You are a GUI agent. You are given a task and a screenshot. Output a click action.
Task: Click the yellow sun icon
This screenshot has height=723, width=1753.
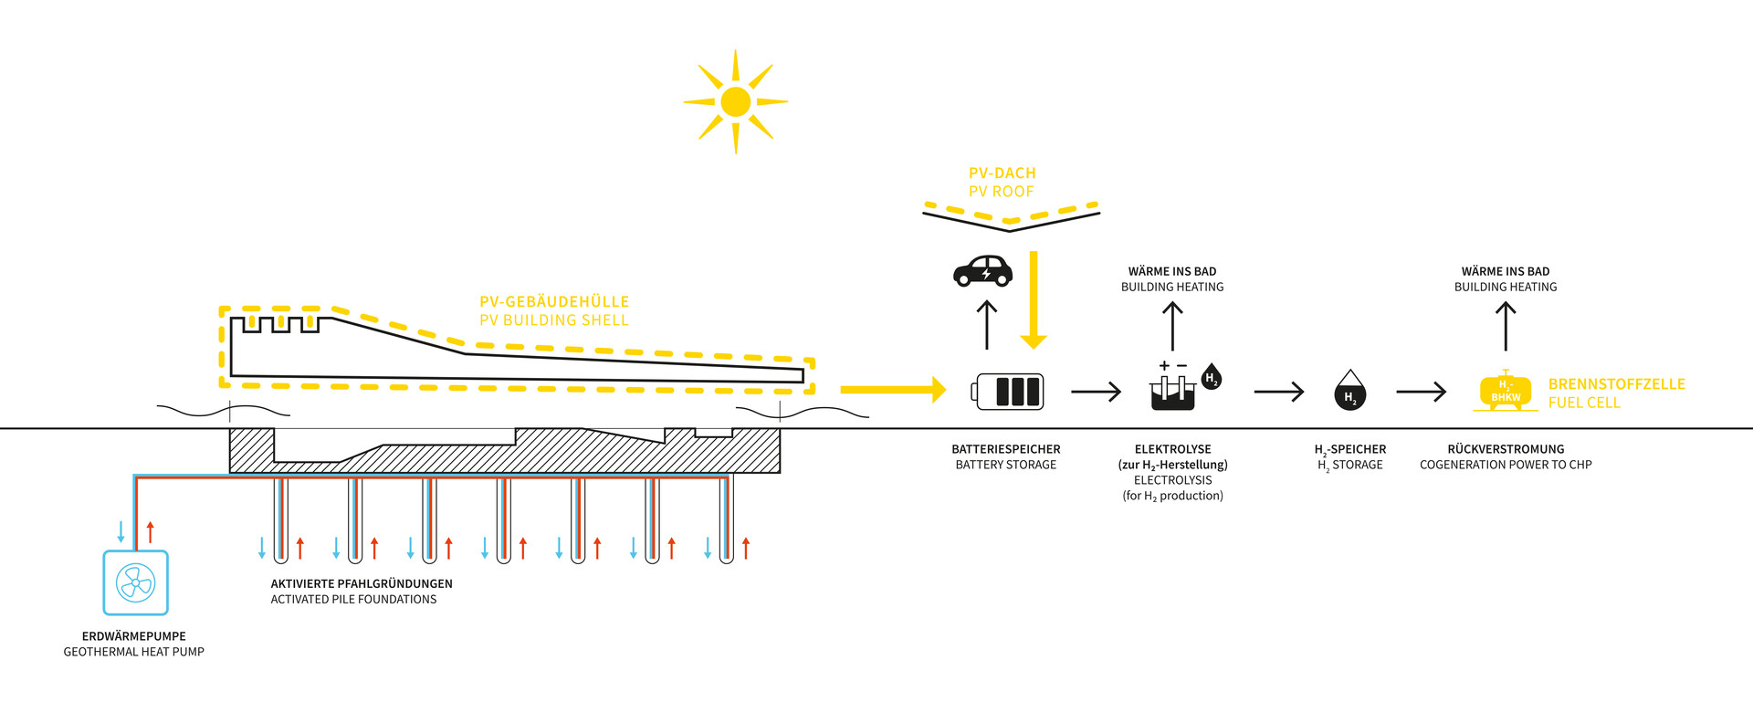736,101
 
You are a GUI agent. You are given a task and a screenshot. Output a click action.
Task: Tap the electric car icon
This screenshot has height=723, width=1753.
983,271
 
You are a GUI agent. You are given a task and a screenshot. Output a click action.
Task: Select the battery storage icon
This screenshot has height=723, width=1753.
1009,392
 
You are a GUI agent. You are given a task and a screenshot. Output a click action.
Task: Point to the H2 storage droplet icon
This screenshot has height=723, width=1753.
1349,391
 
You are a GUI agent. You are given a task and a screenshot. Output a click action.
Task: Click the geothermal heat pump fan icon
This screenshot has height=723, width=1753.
136,582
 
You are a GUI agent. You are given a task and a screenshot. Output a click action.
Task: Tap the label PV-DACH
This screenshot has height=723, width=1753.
1002,173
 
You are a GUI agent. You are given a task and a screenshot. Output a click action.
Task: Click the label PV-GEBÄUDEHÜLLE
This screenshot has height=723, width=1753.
554,302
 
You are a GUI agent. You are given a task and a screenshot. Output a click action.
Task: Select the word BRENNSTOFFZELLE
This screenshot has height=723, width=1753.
1617,384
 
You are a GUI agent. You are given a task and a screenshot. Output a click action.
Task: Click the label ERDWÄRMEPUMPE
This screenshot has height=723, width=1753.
134,636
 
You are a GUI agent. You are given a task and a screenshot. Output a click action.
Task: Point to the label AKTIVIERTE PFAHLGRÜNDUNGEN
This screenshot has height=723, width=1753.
362,584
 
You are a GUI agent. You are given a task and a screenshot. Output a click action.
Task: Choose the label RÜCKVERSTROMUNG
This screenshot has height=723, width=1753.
1506,449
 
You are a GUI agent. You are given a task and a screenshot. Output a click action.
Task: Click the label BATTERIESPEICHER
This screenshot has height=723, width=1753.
1006,449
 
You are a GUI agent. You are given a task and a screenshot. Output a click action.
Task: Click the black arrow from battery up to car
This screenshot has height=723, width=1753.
987,325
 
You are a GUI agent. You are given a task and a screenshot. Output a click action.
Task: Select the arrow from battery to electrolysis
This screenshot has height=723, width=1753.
1096,392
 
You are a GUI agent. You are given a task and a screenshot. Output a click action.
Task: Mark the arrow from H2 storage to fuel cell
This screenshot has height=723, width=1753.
1421,392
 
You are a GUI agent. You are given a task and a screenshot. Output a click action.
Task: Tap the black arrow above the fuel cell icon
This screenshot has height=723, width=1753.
1506,326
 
